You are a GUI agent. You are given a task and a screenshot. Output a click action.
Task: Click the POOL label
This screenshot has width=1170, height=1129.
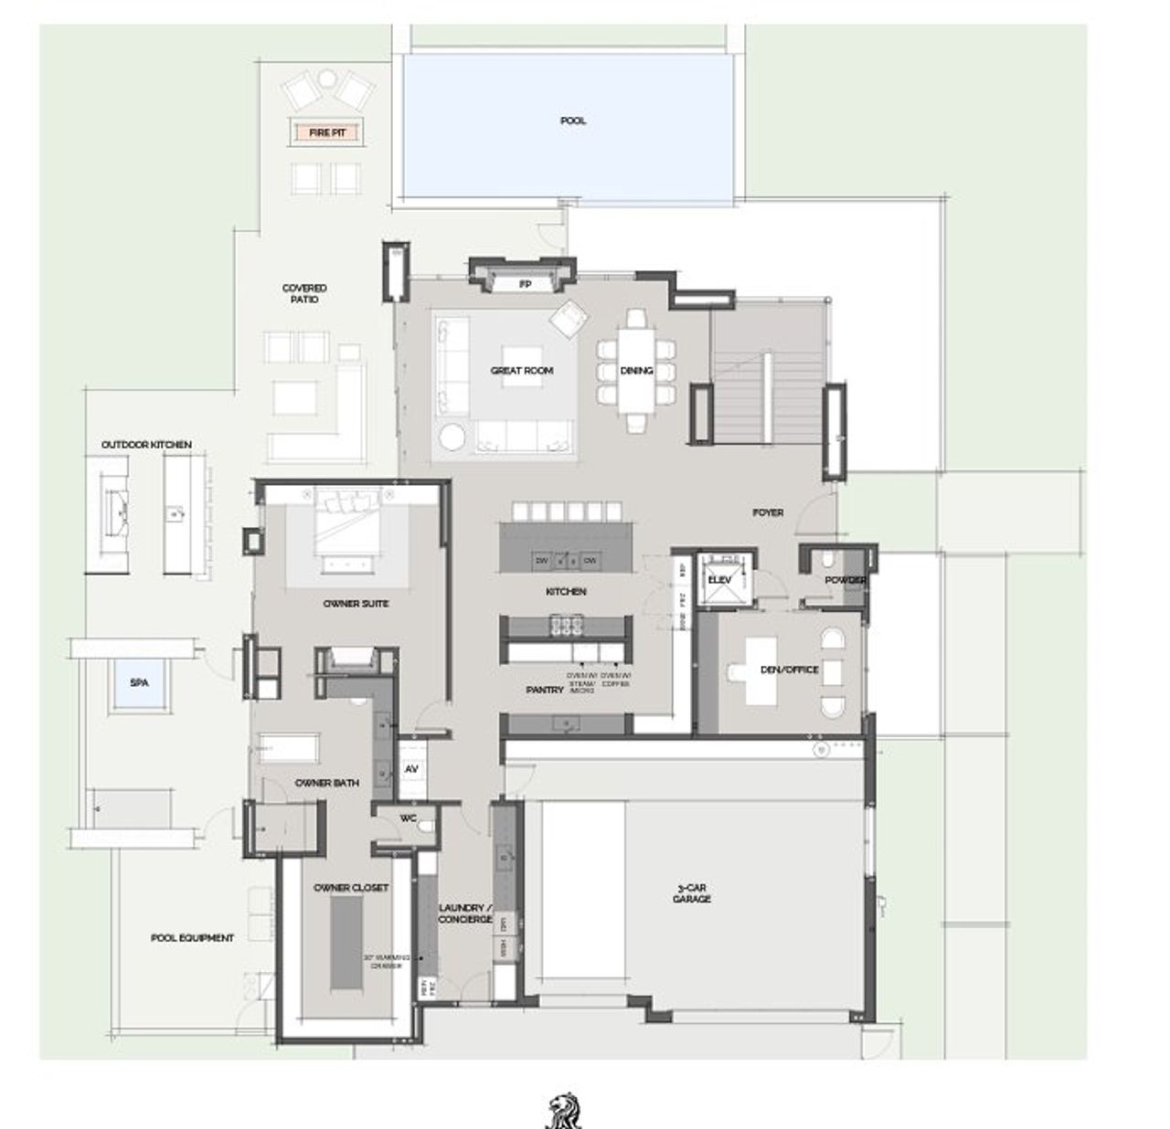573,121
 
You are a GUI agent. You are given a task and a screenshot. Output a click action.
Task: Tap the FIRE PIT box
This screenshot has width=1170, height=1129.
326,132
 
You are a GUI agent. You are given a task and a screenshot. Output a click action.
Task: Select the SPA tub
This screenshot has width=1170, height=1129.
139,682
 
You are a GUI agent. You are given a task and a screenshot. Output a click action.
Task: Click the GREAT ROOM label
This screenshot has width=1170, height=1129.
522,371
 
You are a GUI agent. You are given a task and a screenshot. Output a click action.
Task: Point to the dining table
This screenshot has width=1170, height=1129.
636,370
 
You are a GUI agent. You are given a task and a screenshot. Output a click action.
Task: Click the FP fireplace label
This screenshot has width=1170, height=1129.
525,285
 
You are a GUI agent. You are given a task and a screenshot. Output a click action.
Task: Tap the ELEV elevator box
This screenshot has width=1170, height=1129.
718,580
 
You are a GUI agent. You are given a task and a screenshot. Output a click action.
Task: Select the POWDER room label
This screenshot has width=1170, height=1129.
845,580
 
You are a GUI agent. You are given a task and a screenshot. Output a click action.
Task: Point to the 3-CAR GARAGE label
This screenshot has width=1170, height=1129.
693,893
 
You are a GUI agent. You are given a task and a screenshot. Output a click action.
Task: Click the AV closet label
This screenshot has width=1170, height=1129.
411,770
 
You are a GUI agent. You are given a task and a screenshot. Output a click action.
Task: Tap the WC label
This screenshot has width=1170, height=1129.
408,818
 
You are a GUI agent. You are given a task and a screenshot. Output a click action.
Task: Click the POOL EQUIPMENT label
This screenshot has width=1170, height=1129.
192,938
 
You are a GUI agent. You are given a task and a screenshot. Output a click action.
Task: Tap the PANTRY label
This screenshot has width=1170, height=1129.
545,691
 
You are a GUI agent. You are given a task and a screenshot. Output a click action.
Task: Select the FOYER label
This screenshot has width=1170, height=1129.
768,512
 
